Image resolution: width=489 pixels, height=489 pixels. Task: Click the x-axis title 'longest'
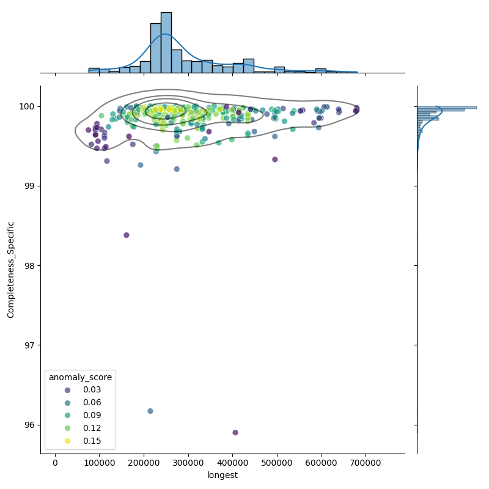click(x=222, y=475)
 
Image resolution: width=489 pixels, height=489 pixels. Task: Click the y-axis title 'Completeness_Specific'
click(x=11, y=270)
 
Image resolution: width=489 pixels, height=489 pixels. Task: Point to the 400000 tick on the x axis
click(x=233, y=454)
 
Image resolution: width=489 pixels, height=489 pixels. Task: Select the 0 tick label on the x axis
click(x=55, y=463)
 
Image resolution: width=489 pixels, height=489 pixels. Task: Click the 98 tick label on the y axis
click(x=28, y=265)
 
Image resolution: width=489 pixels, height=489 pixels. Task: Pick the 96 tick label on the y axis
click(x=28, y=425)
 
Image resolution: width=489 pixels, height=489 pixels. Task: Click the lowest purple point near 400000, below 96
click(x=235, y=432)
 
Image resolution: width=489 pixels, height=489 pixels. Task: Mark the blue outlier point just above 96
click(x=150, y=411)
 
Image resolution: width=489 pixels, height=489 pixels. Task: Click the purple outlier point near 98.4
click(x=127, y=235)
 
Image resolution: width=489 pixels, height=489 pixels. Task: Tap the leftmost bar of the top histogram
click(x=94, y=70)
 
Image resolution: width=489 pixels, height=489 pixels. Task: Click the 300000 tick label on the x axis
click(x=188, y=463)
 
